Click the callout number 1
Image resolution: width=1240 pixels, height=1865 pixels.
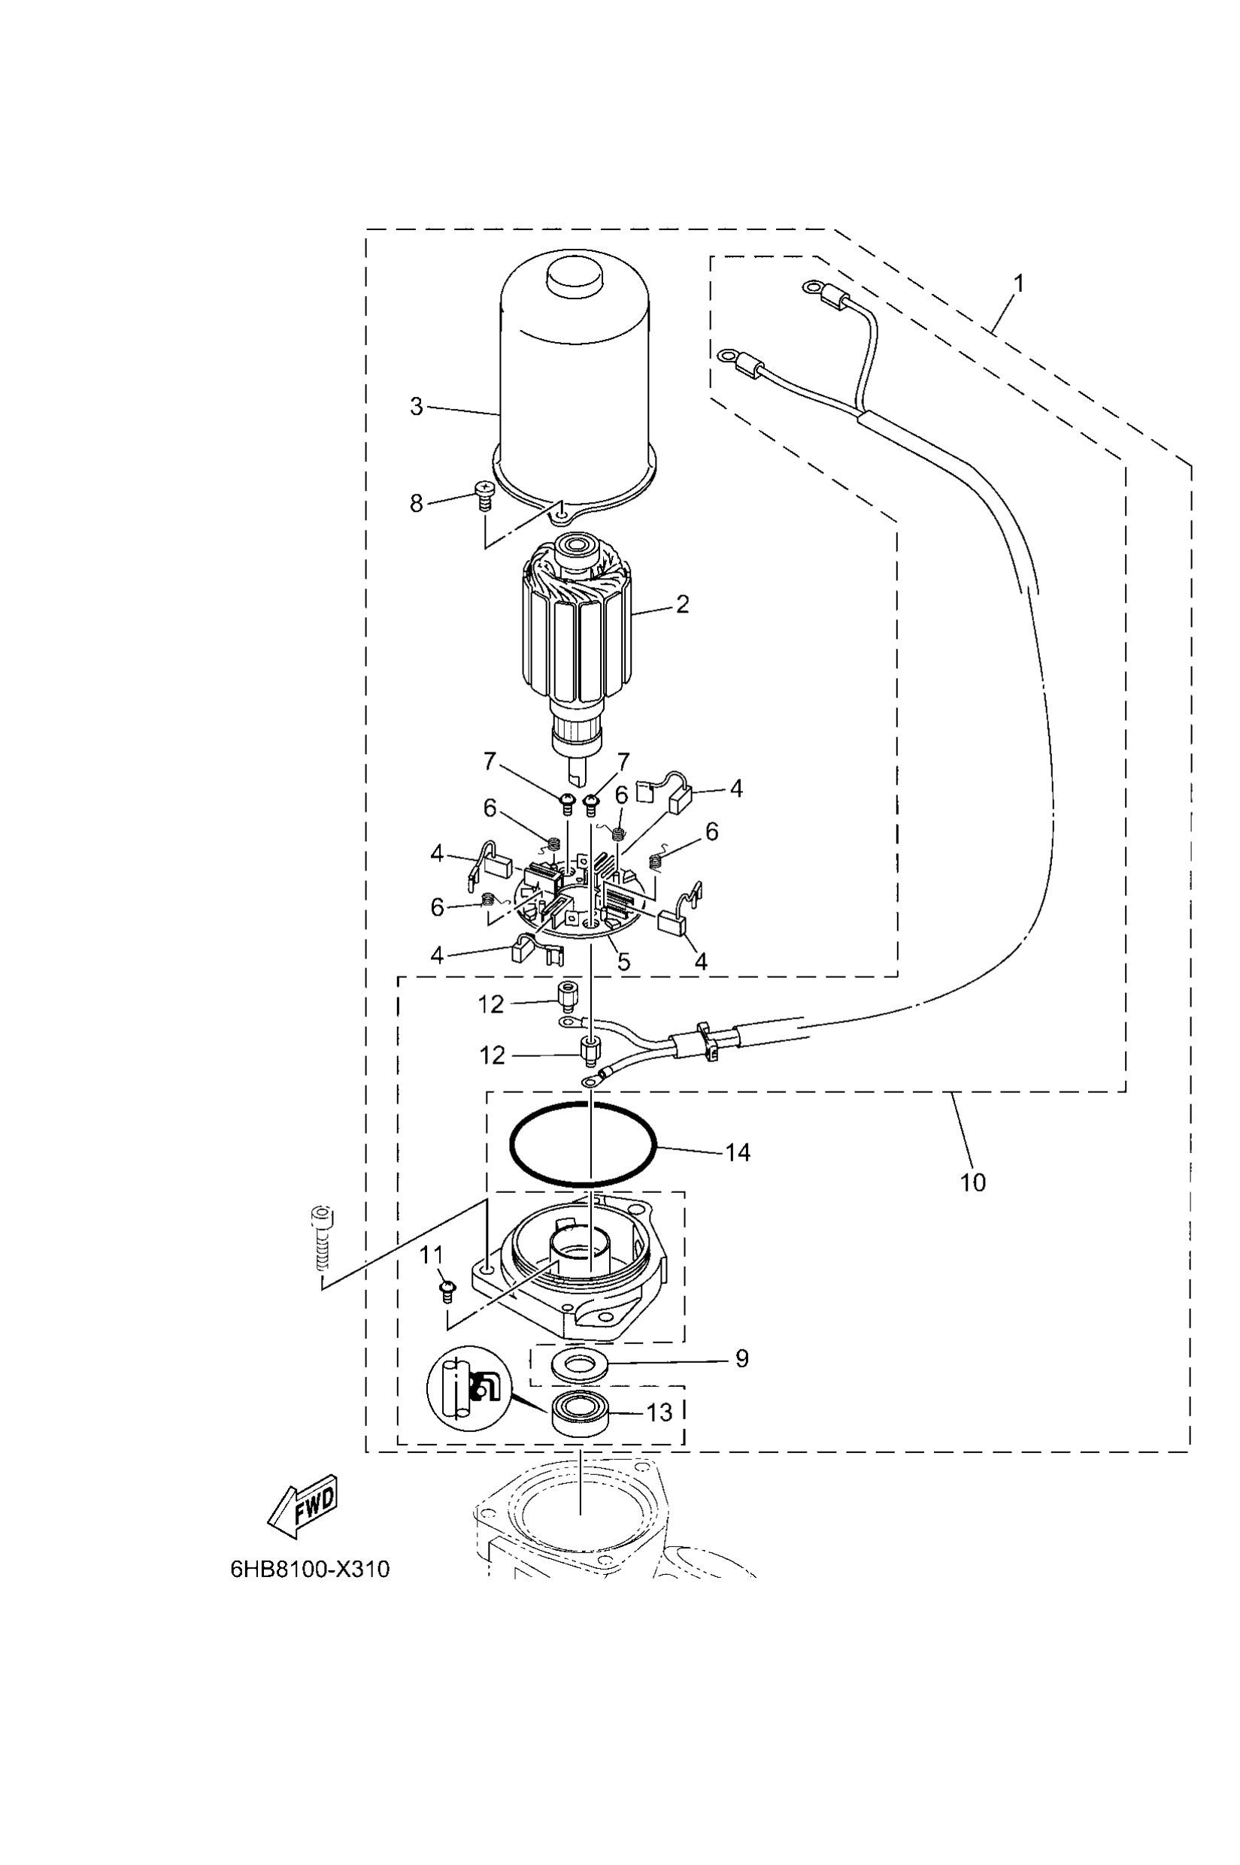coord(1020,283)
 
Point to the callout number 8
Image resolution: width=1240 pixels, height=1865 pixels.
coord(417,503)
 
